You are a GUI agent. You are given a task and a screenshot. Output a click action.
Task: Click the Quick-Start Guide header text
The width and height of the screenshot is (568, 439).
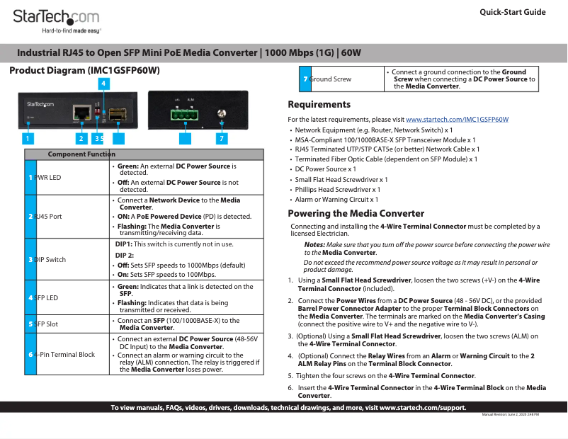(513, 12)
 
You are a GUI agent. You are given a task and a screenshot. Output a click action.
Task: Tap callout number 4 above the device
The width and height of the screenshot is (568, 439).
(103, 84)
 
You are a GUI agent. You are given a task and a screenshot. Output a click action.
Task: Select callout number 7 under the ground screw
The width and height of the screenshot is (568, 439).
(222, 139)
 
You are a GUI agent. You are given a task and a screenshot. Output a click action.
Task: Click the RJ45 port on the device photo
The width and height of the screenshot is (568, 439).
(80, 111)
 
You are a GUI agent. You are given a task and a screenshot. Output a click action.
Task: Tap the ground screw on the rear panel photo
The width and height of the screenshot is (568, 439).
(222, 114)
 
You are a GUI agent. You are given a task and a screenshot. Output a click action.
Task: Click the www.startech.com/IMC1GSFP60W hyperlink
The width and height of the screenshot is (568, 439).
(458, 120)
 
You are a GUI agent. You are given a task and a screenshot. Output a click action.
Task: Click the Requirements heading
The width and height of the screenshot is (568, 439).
(319, 105)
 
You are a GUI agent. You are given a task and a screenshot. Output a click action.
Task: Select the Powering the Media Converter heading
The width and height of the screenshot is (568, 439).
(356, 213)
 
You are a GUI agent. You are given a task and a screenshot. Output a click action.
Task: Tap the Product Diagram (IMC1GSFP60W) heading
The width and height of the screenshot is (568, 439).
(84, 72)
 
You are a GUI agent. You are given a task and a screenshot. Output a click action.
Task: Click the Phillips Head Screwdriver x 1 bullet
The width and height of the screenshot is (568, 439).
(337, 190)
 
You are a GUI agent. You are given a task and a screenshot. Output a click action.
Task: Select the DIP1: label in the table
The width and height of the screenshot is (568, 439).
(125, 244)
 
